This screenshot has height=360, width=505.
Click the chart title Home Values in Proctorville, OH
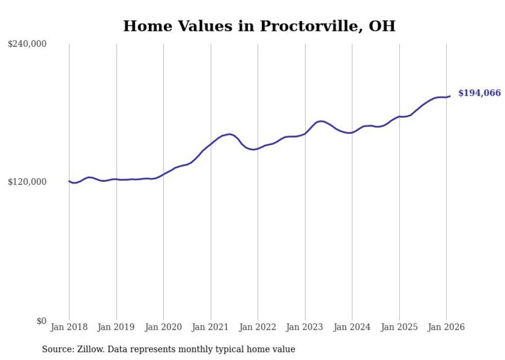point(259,26)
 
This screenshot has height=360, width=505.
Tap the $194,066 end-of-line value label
point(479,93)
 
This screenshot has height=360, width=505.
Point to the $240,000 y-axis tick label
point(27,44)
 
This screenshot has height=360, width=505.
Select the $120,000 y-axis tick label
point(27,182)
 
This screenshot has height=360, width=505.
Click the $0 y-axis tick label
point(41,321)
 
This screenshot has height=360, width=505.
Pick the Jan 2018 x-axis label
point(69,328)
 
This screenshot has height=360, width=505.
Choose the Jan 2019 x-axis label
point(116,328)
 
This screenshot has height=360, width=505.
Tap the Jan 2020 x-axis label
point(163,328)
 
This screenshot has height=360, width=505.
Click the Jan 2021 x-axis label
point(211,328)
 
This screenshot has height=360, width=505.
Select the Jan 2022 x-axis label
point(258,328)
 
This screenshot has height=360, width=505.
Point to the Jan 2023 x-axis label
point(305,328)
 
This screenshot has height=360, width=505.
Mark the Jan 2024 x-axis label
point(352,328)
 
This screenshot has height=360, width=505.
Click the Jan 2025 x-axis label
point(399,328)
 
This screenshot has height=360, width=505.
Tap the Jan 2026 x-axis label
point(446,328)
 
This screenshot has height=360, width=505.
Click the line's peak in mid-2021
point(229,134)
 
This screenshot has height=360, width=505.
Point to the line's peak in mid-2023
point(321,121)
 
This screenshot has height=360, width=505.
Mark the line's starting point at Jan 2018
point(69,181)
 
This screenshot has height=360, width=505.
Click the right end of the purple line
point(450,96)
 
